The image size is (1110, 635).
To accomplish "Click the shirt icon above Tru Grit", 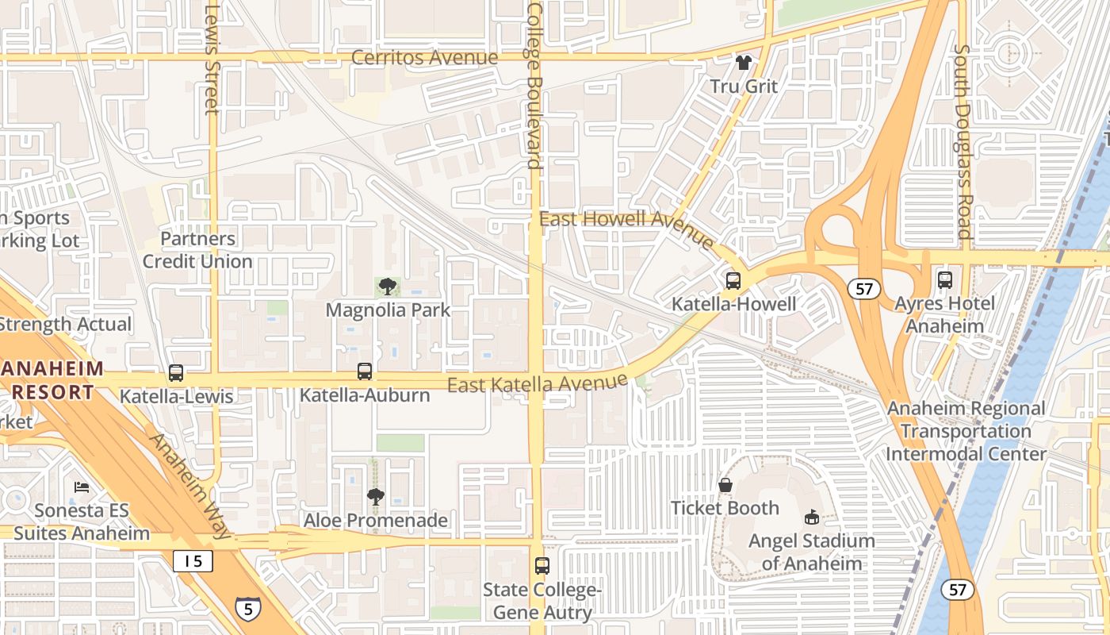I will click(x=743, y=62).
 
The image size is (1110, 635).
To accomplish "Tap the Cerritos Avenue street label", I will click(x=424, y=57).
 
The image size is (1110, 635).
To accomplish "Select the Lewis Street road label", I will click(x=211, y=60).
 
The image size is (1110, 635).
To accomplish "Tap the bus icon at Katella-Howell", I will click(x=733, y=280).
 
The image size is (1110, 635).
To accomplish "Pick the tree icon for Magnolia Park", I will click(x=388, y=287).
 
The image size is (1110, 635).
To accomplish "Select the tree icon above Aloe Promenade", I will click(x=376, y=497).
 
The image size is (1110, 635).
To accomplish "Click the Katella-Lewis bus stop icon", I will click(x=176, y=372).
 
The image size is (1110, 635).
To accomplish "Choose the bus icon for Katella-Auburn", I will click(x=365, y=371).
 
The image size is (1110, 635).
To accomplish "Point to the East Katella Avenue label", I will click(x=538, y=384).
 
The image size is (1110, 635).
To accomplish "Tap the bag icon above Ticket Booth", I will click(x=725, y=484).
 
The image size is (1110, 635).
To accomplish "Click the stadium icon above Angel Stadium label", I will click(x=812, y=517).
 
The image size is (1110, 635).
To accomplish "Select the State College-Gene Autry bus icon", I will click(x=542, y=566).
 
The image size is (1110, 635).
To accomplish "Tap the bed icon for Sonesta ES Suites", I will click(x=82, y=487).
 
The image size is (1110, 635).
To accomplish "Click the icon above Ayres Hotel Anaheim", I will click(x=944, y=279).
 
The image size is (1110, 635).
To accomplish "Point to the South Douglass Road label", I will click(x=962, y=140).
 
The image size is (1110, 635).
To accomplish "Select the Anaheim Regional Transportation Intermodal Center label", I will click(x=966, y=431).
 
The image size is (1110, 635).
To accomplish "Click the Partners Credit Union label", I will click(x=197, y=249).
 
